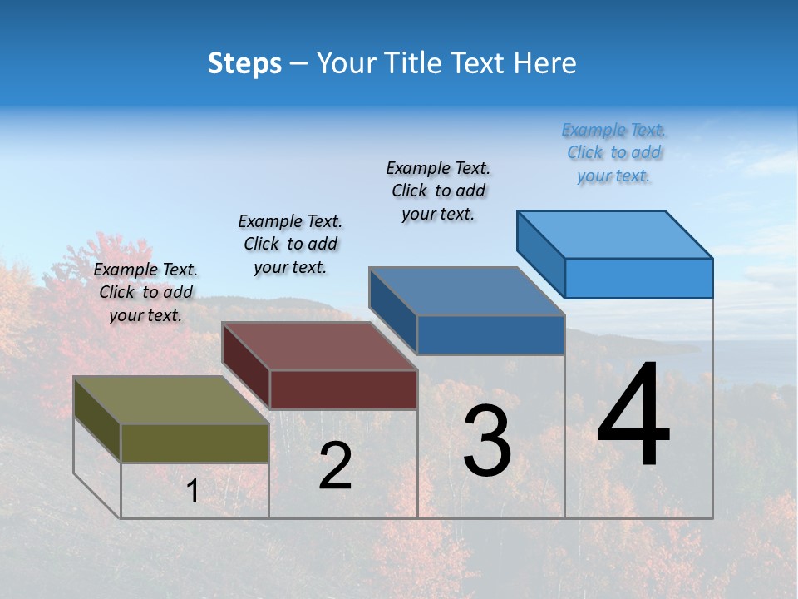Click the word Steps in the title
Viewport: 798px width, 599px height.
click(x=244, y=63)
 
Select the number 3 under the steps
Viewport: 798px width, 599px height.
click(x=487, y=441)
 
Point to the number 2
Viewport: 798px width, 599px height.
click(x=335, y=466)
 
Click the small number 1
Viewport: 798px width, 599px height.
click(x=193, y=492)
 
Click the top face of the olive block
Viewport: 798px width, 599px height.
click(x=171, y=400)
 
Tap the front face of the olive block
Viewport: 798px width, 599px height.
click(x=195, y=443)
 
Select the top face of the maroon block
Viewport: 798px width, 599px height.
click(x=320, y=346)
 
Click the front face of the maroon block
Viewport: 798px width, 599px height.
click(x=343, y=389)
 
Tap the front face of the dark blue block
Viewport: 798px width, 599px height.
click(x=490, y=334)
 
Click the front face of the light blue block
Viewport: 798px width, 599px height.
click(x=638, y=278)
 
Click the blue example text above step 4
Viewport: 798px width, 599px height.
click(x=613, y=153)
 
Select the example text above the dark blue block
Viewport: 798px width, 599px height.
click(x=438, y=191)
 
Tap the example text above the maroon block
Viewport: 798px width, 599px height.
click(x=290, y=244)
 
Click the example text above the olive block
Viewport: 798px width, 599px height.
click(x=145, y=292)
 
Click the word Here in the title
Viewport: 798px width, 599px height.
click(x=545, y=63)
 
